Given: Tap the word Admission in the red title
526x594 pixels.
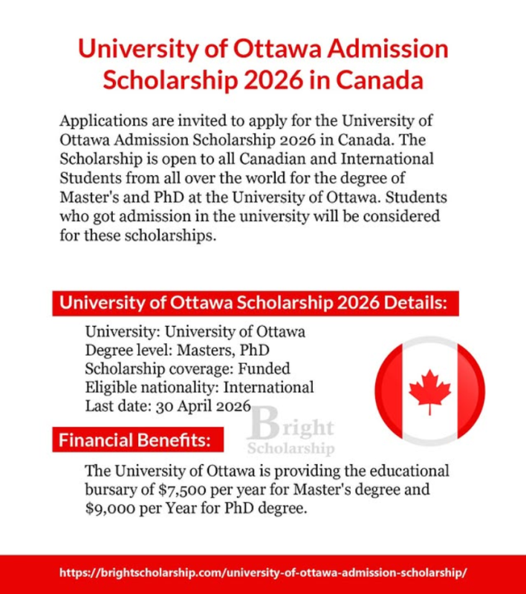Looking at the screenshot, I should point(392,50).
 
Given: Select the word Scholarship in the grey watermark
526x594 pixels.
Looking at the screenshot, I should point(290,448).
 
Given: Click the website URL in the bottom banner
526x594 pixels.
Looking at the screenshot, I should point(263,574).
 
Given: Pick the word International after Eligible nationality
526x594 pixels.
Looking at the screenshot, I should point(269,388).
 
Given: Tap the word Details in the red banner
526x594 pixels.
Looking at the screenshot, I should point(414,303).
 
